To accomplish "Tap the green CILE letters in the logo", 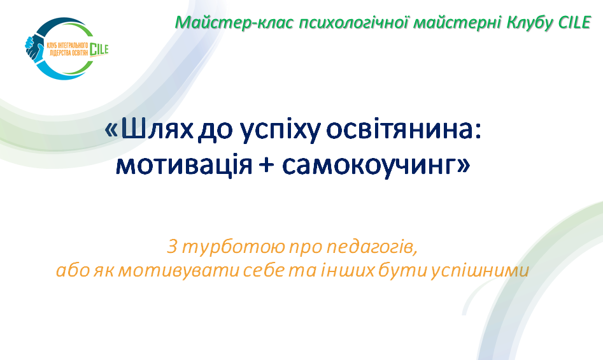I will point(99,50).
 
